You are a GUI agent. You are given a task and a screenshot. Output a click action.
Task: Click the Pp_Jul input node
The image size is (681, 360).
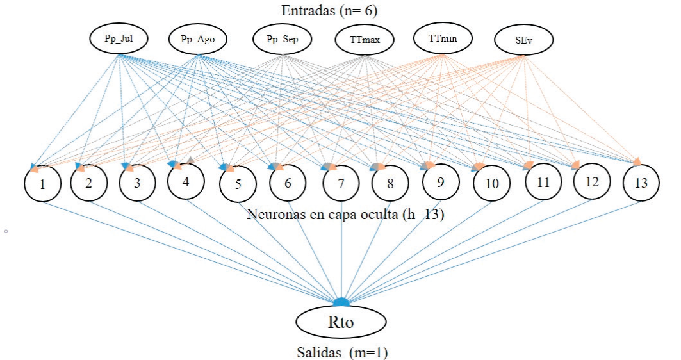119,39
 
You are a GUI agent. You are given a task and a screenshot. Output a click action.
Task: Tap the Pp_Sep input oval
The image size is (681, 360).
282,40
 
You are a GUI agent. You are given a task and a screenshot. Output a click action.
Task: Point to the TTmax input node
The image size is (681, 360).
365,41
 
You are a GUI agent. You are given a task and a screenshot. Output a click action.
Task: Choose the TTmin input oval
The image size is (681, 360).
442,38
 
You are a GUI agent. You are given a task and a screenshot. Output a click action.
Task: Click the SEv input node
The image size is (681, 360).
523,41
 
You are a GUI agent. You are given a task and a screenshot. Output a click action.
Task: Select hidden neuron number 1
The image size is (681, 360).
42,184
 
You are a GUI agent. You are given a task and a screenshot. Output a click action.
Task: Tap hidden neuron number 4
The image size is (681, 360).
185,182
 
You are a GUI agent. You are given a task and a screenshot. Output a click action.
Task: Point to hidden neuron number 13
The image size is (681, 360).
641,183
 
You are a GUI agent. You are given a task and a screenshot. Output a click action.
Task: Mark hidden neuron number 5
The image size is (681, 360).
238,184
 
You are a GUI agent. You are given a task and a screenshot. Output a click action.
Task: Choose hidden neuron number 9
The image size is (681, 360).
440,182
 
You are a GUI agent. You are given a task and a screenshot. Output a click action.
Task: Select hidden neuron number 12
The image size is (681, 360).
591,183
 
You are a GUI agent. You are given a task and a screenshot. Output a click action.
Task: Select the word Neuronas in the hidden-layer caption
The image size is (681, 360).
270,213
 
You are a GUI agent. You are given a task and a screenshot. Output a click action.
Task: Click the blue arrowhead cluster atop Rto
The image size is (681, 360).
341,302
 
